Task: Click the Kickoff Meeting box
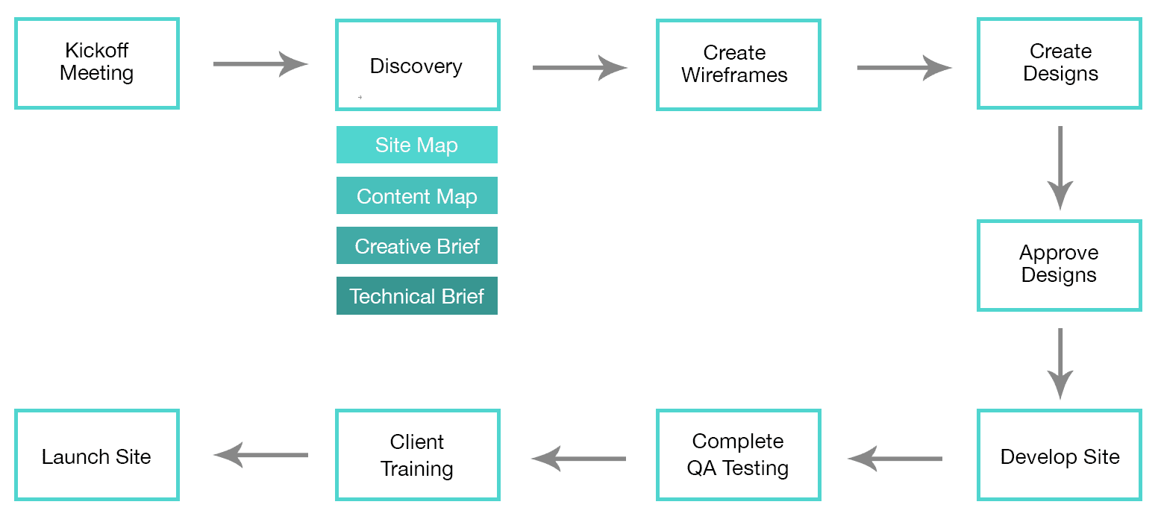97,64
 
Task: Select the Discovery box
418,66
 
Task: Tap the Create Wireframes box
739,66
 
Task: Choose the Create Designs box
1060,64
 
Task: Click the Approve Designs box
1060,265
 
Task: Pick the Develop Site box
1060,455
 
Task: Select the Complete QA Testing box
739,455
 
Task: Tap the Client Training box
418,455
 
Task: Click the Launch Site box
97,455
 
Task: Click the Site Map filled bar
417,145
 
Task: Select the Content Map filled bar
417,196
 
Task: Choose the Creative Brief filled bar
417,246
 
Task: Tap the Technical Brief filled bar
417,296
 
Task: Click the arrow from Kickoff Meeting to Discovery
260,64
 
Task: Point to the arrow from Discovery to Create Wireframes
579,68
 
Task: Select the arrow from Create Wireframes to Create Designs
904,68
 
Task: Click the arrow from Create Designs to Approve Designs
1060,167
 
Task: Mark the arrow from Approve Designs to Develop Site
1060,363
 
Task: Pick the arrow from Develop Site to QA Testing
895,459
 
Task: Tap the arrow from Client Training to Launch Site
261,455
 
